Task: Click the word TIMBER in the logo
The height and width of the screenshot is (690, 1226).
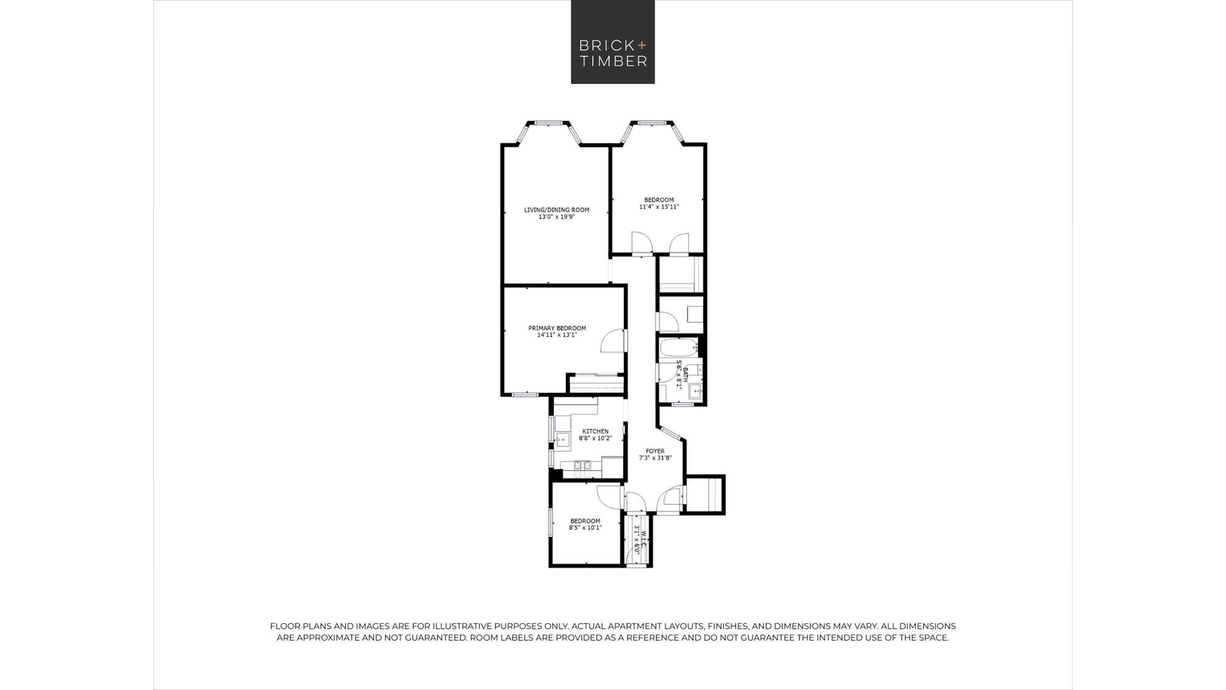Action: (613, 61)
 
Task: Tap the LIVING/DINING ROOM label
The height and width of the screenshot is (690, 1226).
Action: (557, 210)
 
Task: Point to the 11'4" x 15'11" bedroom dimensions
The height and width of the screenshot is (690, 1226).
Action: (659, 207)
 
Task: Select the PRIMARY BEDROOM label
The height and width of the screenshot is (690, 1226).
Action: (557, 328)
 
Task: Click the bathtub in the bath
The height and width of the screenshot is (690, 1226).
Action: (679, 348)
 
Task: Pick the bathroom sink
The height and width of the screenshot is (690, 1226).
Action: (695, 391)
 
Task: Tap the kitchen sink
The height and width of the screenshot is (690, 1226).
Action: (563, 439)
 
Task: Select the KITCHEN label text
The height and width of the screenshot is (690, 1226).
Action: (595, 431)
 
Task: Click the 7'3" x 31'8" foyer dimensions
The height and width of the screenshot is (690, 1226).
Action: (655, 458)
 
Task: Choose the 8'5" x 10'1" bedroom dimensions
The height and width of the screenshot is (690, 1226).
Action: (585, 527)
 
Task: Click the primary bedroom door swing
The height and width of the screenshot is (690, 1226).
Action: (612, 341)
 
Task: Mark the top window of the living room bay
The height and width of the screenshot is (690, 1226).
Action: (549, 123)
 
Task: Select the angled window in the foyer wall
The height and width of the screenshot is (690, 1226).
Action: (671, 433)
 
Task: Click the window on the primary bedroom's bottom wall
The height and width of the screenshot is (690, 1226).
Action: (525, 394)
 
